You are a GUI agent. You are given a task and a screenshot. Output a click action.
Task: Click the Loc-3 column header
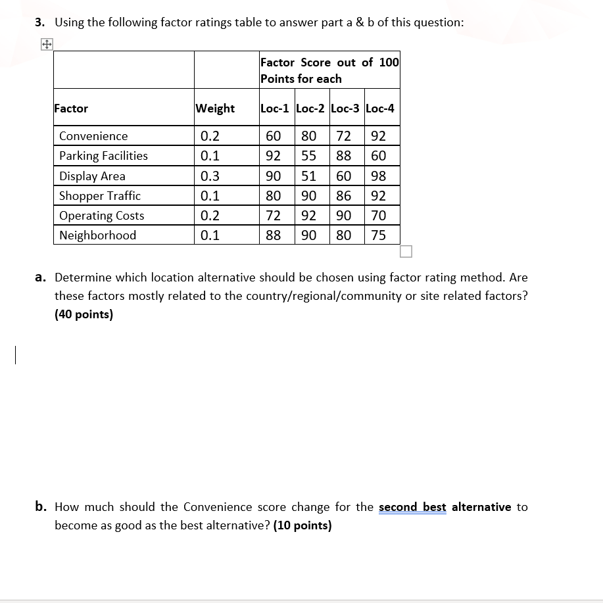point(345,109)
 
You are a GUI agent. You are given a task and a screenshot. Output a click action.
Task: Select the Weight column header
point(215,109)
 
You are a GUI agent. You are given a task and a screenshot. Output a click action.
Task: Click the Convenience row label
point(93,136)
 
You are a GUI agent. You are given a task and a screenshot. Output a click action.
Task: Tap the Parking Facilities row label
point(103,156)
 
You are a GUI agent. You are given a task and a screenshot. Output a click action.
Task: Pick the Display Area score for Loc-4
point(378,176)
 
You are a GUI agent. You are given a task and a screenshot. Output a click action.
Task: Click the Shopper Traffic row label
point(100,196)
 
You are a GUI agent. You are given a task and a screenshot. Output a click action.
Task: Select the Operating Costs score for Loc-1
point(273,216)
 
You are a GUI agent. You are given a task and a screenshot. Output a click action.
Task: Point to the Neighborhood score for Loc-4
point(378,235)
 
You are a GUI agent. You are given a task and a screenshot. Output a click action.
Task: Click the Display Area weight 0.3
point(210,176)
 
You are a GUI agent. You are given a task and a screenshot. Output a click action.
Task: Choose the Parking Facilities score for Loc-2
point(308,156)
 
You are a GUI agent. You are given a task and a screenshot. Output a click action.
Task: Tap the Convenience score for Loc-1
point(273,136)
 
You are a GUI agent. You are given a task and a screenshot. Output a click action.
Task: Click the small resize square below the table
point(405,252)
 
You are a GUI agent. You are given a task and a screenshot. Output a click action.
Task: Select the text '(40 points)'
point(84,314)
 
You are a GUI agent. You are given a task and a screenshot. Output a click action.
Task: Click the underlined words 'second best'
point(412,507)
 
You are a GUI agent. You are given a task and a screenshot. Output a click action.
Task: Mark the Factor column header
point(71,109)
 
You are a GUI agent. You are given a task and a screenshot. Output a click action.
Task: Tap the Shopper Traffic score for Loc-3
point(343,196)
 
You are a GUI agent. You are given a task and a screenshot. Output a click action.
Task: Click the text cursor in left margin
point(14,355)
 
